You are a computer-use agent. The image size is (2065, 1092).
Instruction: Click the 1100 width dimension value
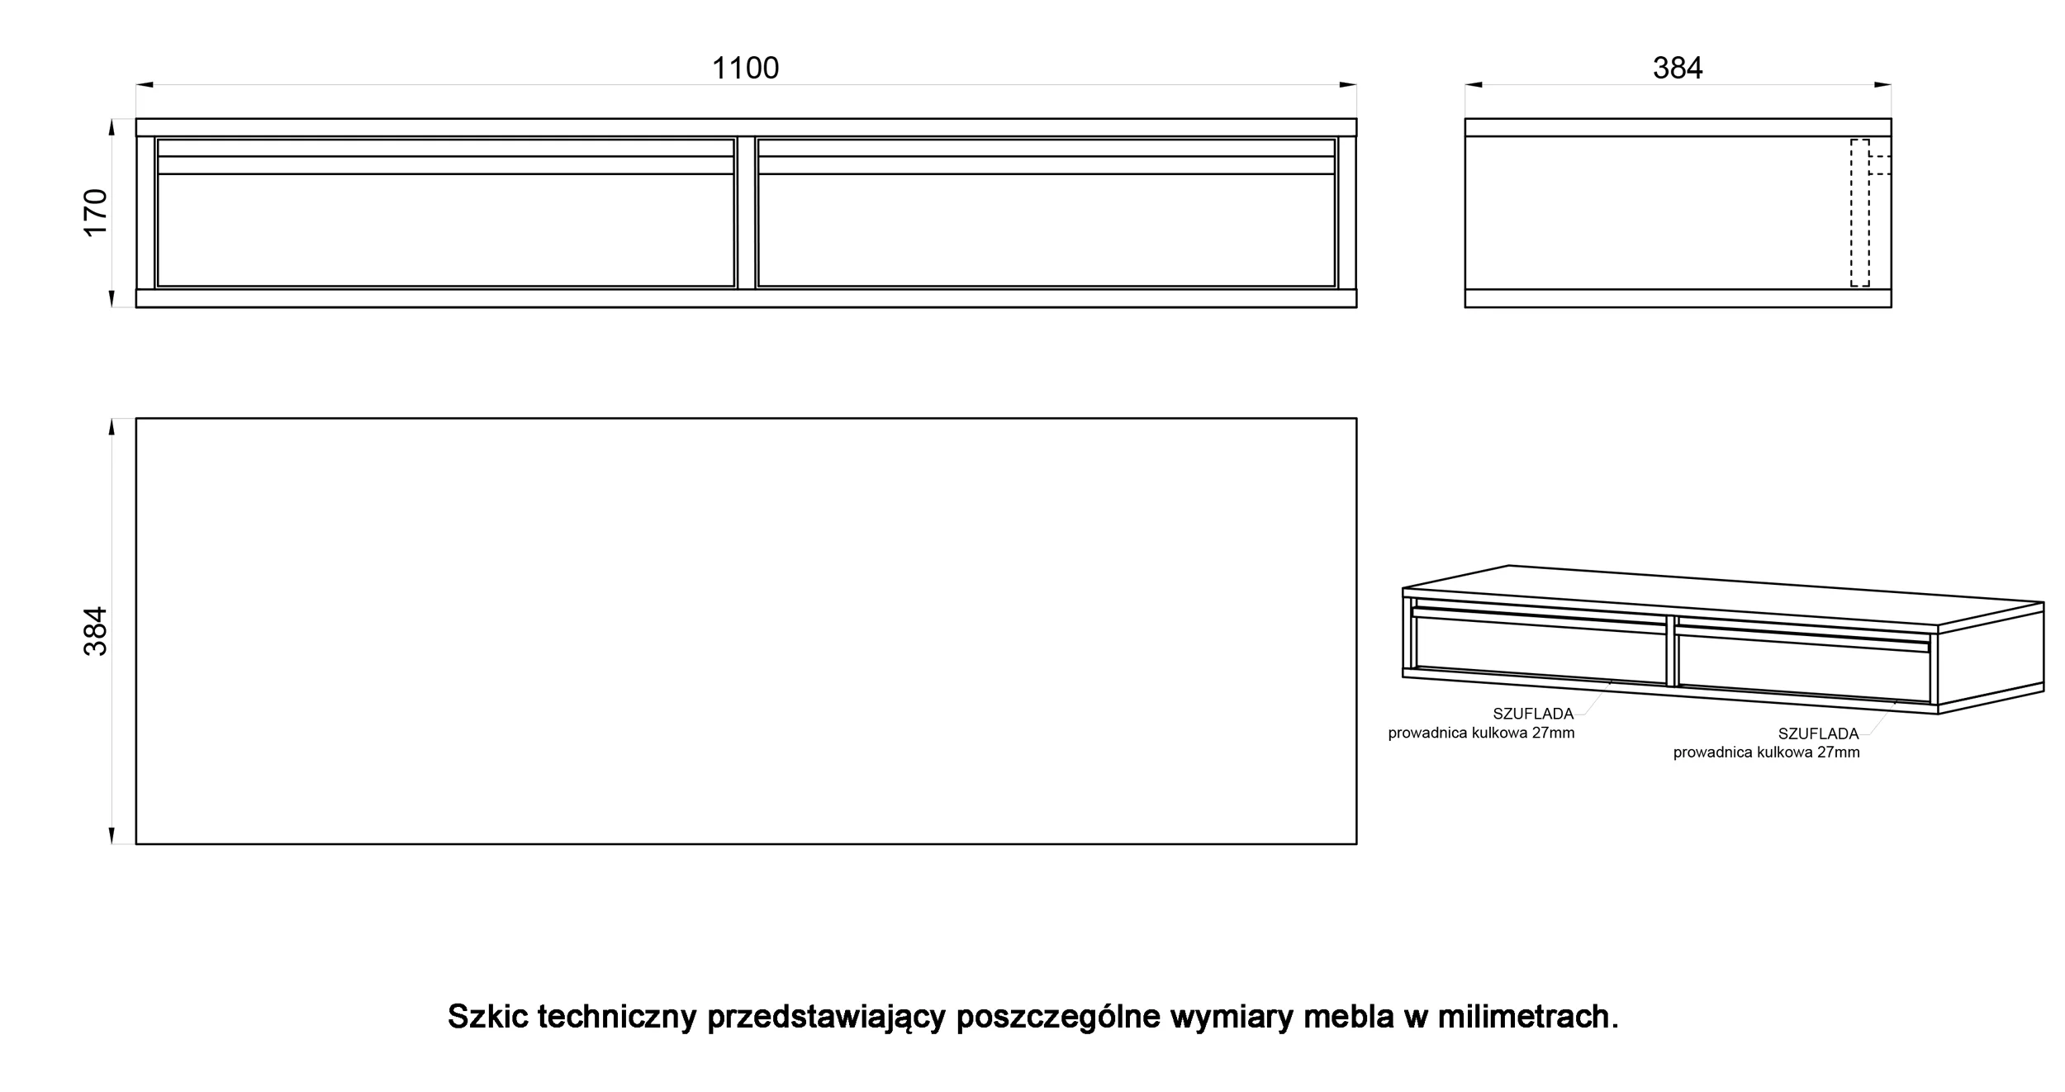[745, 68]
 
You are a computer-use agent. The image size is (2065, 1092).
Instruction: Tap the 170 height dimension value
[96, 213]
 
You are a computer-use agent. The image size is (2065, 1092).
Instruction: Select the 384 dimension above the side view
[1678, 68]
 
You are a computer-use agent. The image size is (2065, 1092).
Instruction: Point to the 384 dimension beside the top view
[96, 631]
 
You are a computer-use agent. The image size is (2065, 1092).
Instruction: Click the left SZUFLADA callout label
[1533, 715]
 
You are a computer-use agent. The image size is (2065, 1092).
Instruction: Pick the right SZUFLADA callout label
[1818, 734]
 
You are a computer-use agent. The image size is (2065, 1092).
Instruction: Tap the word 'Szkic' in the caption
[488, 1016]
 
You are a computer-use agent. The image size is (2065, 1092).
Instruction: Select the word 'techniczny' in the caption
[618, 1018]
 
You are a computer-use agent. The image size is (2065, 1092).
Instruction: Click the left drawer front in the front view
[446, 213]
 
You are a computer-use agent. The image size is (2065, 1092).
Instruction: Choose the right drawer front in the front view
[1047, 213]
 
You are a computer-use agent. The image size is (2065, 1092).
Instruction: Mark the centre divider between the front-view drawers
[747, 213]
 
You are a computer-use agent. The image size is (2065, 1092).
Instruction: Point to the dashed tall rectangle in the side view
[1859, 213]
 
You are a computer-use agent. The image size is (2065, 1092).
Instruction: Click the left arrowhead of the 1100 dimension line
[145, 84]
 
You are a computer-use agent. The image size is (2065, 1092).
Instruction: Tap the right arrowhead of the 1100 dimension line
[1348, 84]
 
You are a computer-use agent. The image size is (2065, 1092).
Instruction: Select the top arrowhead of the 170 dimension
[112, 127]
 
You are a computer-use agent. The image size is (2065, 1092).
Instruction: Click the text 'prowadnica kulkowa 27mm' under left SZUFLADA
[1481, 734]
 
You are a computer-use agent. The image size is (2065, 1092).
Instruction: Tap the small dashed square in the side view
[1880, 164]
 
